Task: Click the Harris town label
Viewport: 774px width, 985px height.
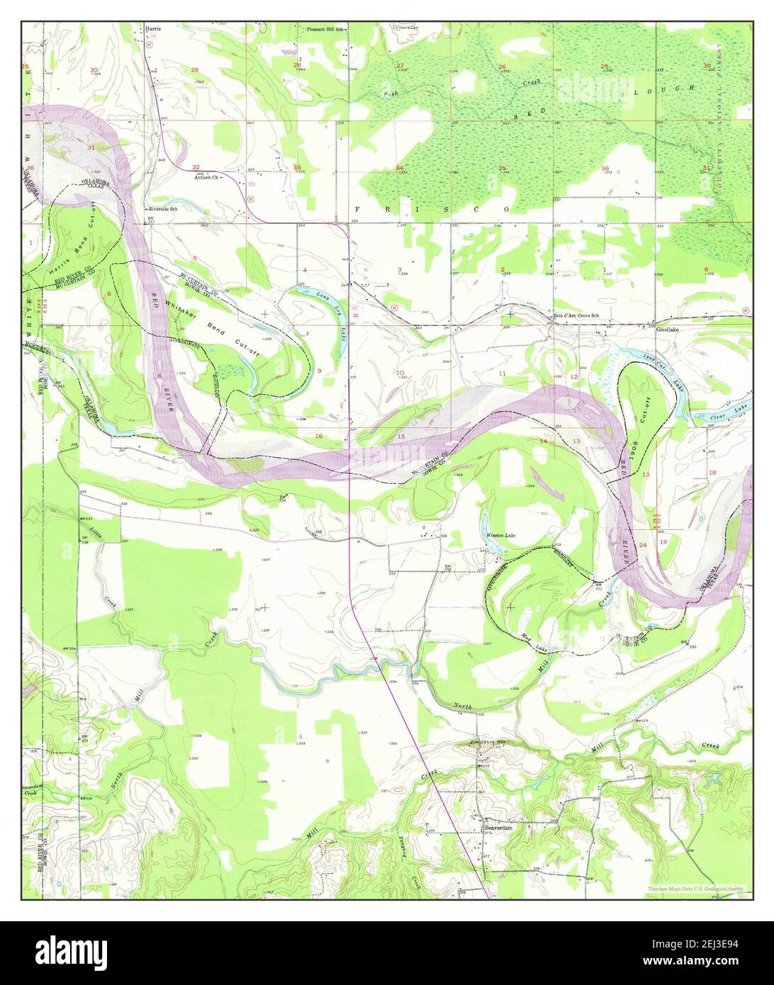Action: click(153, 28)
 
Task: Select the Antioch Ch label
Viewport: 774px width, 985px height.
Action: click(207, 178)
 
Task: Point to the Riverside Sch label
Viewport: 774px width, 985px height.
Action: click(162, 210)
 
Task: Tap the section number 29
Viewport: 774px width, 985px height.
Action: click(195, 69)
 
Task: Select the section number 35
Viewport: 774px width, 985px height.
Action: click(503, 168)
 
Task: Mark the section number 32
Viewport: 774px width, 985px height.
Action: click(196, 167)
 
